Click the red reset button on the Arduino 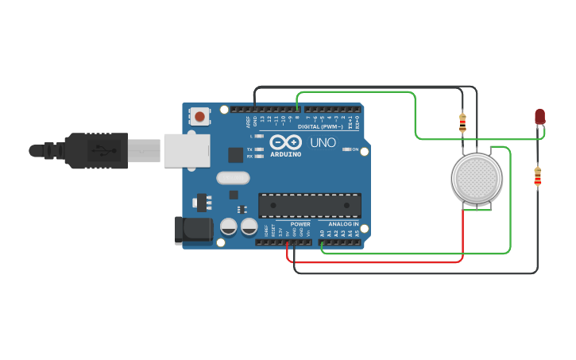coord(199,117)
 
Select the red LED coord(539,117)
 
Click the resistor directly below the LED coord(538,176)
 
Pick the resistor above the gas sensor coord(462,122)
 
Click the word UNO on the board coord(323,143)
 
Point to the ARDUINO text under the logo coord(285,154)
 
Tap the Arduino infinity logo coord(285,142)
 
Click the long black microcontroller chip coord(310,205)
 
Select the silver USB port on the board coord(187,150)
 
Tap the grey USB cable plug coord(95,150)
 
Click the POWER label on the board coord(300,224)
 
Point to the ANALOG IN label coord(339,224)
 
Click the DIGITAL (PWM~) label coord(320,126)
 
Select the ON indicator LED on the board coord(346,149)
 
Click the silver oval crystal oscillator coord(233,178)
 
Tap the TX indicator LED coord(259,149)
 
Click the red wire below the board coord(373,261)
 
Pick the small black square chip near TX coord(236,155)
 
